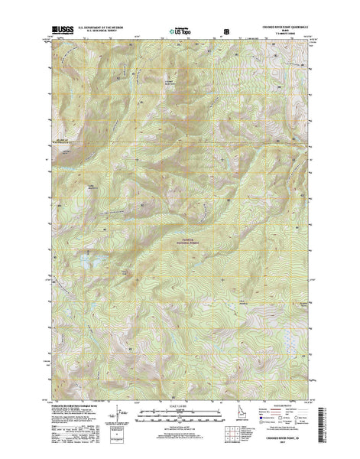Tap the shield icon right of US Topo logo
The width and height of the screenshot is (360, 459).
click(225, 32)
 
